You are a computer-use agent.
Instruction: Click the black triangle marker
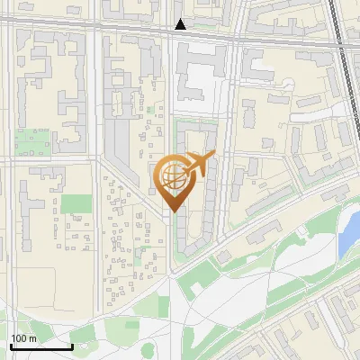pyautogui.click(x=181, y=25)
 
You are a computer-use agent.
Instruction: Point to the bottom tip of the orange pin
pyautogui.click(x=172, y=213)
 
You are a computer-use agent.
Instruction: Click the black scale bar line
pyautogui.click(x=40, y=346)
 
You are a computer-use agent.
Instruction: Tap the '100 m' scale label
pyautogui.click(x=23, y=338)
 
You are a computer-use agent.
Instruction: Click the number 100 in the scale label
pyautogui.click(x=19, y=338)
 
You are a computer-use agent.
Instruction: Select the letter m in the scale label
pyautogui.click(x=31, y=338)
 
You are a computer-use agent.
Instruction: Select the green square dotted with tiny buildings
pyautogui.click(x=32, y=142)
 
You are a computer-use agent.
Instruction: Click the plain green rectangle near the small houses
pyautogui.click(x=76, y=203)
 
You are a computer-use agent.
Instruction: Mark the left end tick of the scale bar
pyautogui.click(x=10, y=345)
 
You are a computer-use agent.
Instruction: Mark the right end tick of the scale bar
pyautogui.click(x=72, y=345)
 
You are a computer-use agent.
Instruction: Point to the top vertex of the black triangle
pyautogui.click(x=181, y=20)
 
